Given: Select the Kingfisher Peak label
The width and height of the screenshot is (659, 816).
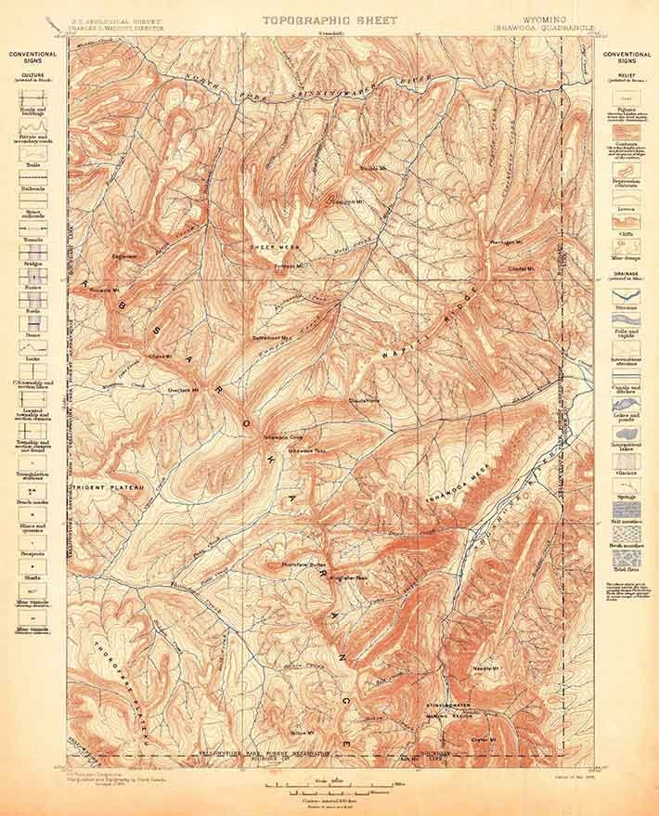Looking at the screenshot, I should tap(350, 576).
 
